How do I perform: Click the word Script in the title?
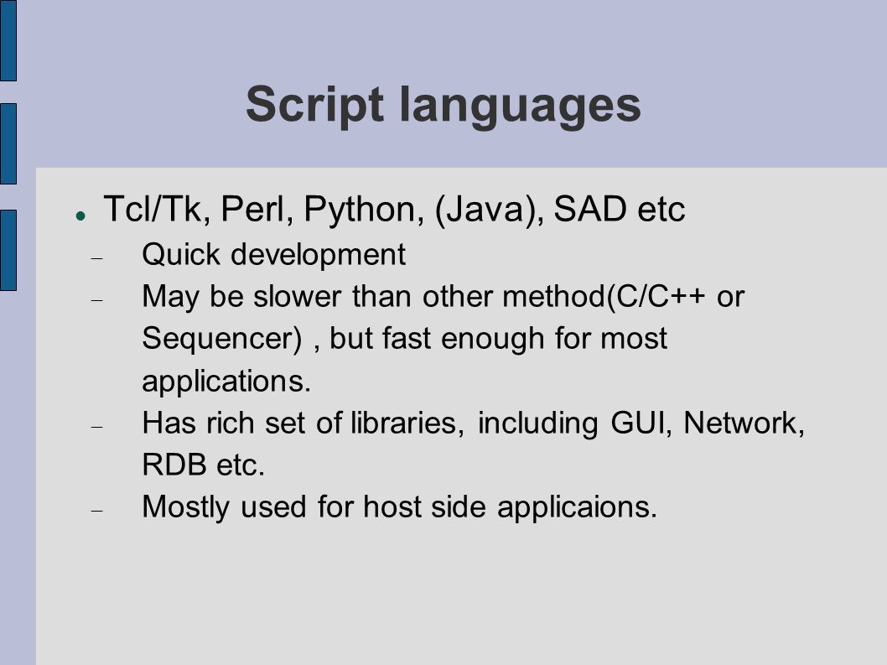(314, 106)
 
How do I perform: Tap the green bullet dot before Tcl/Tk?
(80, 216)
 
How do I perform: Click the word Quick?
(181, 254)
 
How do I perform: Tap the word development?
(318, 255)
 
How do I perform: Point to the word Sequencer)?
(221, 340)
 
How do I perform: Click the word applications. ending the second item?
(226, 382)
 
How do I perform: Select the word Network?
(744, 423)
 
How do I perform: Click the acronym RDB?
(174, 465)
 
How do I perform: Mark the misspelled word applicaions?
(577, 507)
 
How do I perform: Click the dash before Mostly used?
(96, 511)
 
